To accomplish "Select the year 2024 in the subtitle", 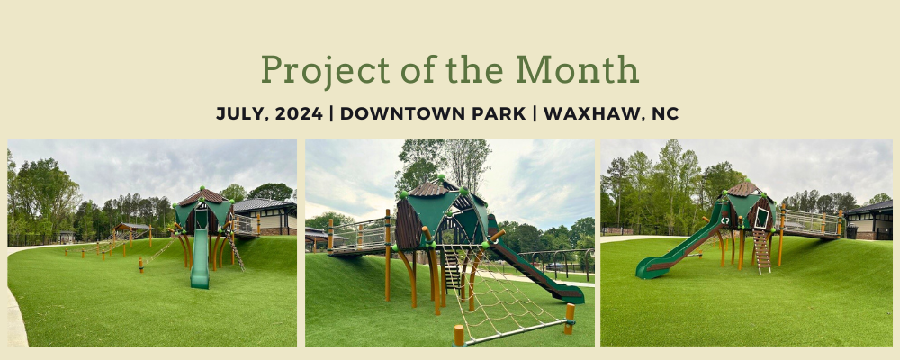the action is (x=299, y=113).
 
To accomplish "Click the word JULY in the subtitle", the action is (x=241, y=113).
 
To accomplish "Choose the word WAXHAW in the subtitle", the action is (x=593, y=113).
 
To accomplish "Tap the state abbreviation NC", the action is (x=665, y=113).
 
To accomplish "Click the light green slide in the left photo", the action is (x=201, y=256).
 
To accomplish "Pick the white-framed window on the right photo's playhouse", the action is (x=761, y=218).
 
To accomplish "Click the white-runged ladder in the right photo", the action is (x=761, y=250).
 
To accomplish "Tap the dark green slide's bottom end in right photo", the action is (x=645, y=271).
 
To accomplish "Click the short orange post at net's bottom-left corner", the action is (x=459, y=335).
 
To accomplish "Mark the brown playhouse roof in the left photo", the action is (x=203, y=197).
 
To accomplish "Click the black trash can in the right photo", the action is (x=850, y=231).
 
